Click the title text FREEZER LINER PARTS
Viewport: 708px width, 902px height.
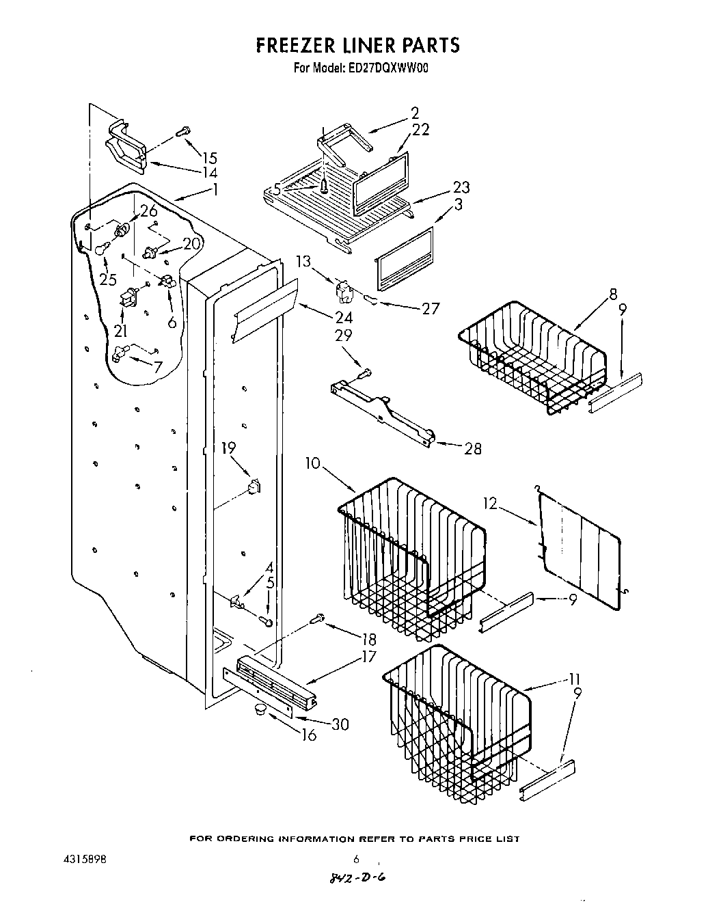(x=357, y=45)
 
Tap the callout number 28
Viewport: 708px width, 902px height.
(x=472, y=448)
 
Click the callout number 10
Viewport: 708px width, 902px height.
(x=313, y=464)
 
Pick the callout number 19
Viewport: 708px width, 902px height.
(x=228, y=448)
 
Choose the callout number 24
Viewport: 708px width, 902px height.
(x=344, y=317)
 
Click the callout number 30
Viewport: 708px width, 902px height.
(x=339, y=724)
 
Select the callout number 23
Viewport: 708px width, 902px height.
(x=461, y=187)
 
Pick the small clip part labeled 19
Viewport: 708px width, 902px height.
(x=254, y=488)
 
